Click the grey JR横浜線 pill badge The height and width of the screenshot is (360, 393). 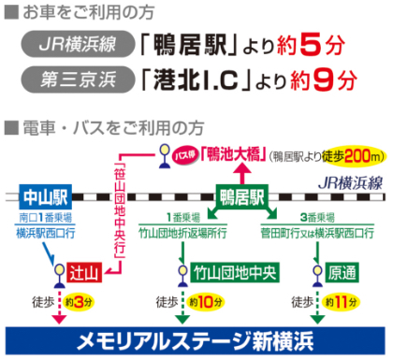[x=77, y=45]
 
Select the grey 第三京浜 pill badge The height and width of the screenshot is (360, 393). [x=77, y=81]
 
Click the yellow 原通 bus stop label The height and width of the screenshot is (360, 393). [x=342, y=272]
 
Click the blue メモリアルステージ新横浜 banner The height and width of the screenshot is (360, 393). [x=196, y=338]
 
